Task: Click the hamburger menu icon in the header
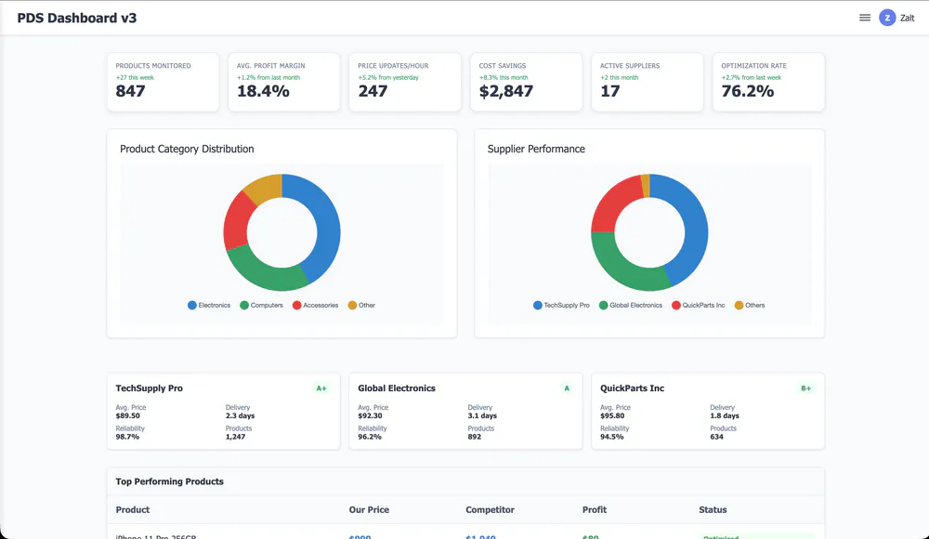pos(865,18)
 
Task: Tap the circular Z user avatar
pos(887,18)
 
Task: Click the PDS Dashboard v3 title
pos(76,18)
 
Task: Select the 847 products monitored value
pos(131,91)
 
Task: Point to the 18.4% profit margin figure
pos(263,91)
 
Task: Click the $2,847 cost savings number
pos(506,91)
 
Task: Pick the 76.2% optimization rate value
pos(748,91)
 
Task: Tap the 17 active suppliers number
pos(610,91)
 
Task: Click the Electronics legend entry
pos(209,305)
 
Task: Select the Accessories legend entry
pos(315,305)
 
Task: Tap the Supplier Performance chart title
pos(536,149)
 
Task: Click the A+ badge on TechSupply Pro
pos(321,388)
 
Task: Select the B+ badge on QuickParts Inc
pos(805,388)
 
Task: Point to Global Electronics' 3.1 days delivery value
pos(482,416)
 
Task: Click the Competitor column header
pos(490,509)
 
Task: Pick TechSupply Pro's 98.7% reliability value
pos(127,437)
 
